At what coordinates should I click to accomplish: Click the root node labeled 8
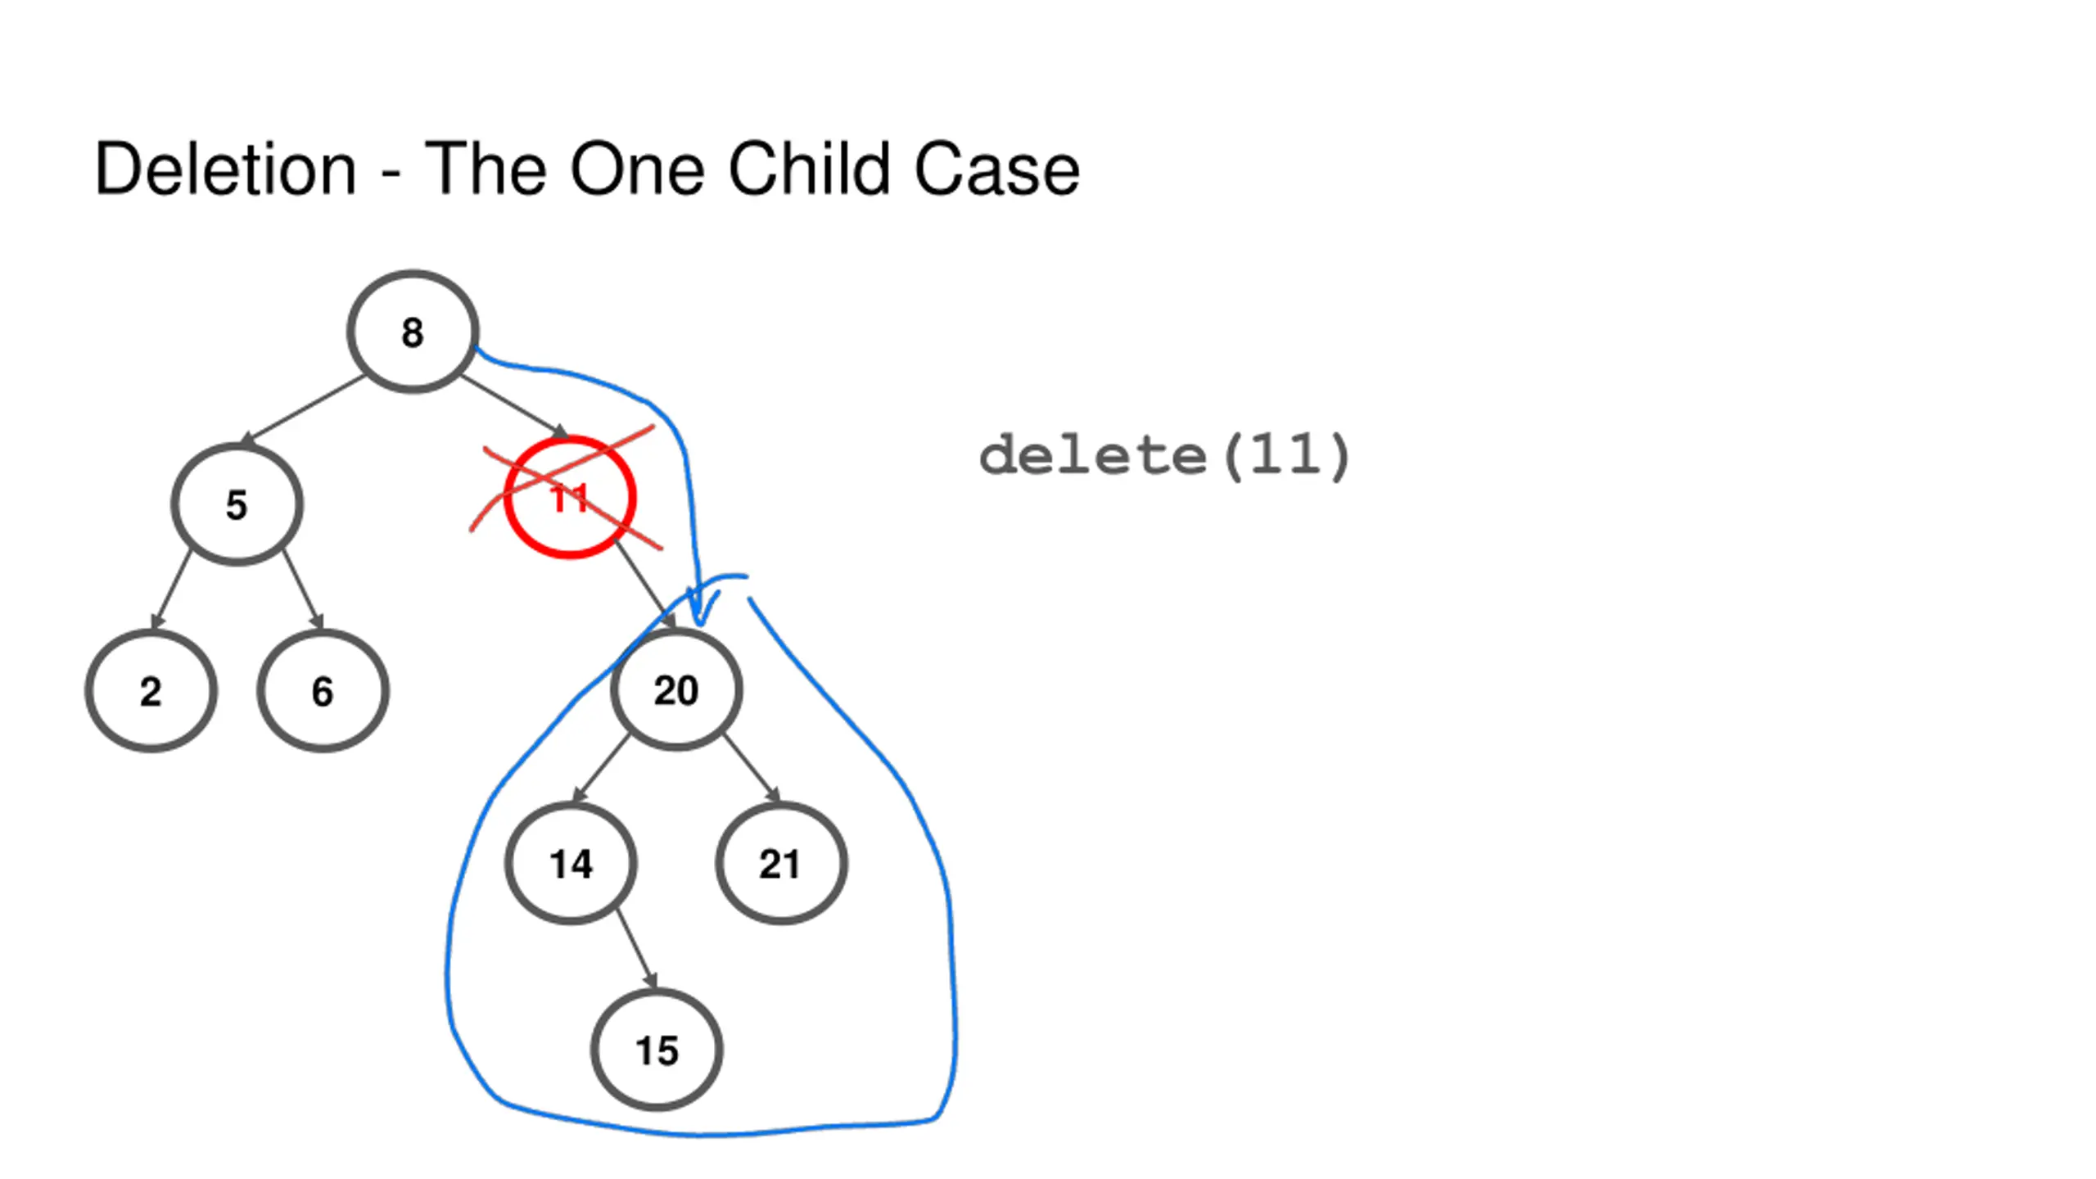tap(413, 332)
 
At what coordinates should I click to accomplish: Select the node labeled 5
tap(237, 504)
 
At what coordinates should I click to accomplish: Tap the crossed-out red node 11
tap(570, 497)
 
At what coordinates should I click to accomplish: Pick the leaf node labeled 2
tap(151, 691)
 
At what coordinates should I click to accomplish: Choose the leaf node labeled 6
tap(323, 691)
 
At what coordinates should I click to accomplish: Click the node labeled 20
tap(676, 689)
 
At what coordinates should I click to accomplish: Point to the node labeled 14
tap(571, 864)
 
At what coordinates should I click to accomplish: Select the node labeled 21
tap(780, 864)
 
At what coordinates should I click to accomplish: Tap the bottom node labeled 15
tap(657, 1050)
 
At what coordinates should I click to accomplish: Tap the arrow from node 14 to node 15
tap(636, 948)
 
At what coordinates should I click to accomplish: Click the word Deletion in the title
tap(226, 169)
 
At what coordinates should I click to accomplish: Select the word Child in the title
tap(809, 169)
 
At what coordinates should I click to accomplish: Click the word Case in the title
tap(996, 169)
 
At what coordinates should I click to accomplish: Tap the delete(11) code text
tap(1164, 455)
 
